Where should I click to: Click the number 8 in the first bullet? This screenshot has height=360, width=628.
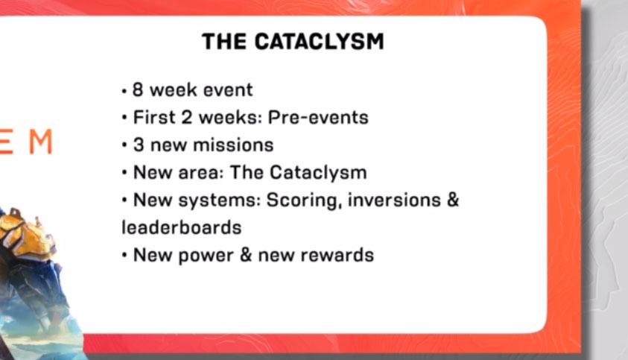pos(138,90)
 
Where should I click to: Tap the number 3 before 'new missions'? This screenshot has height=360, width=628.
pos(138,145)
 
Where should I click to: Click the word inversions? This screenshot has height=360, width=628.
pos(391,200)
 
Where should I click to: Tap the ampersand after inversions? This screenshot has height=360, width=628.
pos(452,200)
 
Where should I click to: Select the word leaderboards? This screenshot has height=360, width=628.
pos(181,227)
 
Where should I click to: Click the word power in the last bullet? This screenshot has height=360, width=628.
pos(204,256)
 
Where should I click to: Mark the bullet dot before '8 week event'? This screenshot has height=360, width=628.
pos(124,91)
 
